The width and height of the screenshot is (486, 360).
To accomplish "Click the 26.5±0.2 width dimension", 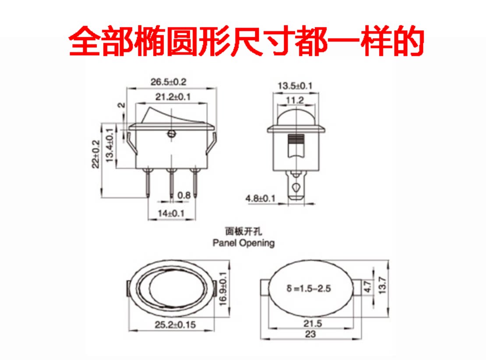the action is pos(168,82).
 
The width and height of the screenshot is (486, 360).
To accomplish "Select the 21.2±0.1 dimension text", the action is pos(173,97).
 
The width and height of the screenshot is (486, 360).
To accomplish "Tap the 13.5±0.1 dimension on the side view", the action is pos(295,85).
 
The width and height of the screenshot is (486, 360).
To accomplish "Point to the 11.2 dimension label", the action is pos(295,100).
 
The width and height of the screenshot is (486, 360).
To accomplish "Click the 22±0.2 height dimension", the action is pos(96,154).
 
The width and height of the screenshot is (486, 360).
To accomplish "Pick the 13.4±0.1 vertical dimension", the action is pos(110,145).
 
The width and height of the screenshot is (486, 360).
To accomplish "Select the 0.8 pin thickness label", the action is pos(184,195).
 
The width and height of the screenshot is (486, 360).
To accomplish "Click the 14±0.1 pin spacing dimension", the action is pos(171,213).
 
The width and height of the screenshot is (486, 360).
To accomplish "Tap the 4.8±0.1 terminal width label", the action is pos(261,198).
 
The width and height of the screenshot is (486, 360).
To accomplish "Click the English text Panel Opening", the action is pos(243,243).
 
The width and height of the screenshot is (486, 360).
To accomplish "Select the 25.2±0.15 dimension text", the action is pos(175,325).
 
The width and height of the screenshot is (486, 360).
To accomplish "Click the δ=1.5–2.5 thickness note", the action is pos(308,288).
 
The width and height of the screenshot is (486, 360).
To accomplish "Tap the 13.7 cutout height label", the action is pos(383,285).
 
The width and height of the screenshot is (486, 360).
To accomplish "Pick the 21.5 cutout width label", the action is pos(313,323).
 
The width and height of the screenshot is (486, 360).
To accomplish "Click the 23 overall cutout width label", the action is pos(310,334).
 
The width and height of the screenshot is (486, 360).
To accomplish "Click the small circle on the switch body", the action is pos(171,134).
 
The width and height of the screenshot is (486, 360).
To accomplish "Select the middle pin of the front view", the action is pos(171,183).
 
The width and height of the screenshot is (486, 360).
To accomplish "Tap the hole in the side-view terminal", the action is pos(296,187).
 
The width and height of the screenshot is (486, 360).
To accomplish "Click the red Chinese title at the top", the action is pos(246,41).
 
